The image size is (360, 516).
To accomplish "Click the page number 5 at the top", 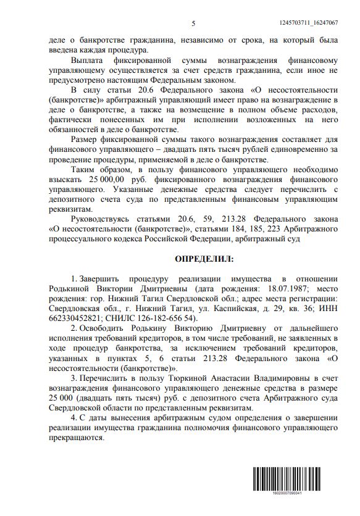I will [193, 23].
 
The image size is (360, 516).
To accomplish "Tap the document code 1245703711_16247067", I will [306, 23].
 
